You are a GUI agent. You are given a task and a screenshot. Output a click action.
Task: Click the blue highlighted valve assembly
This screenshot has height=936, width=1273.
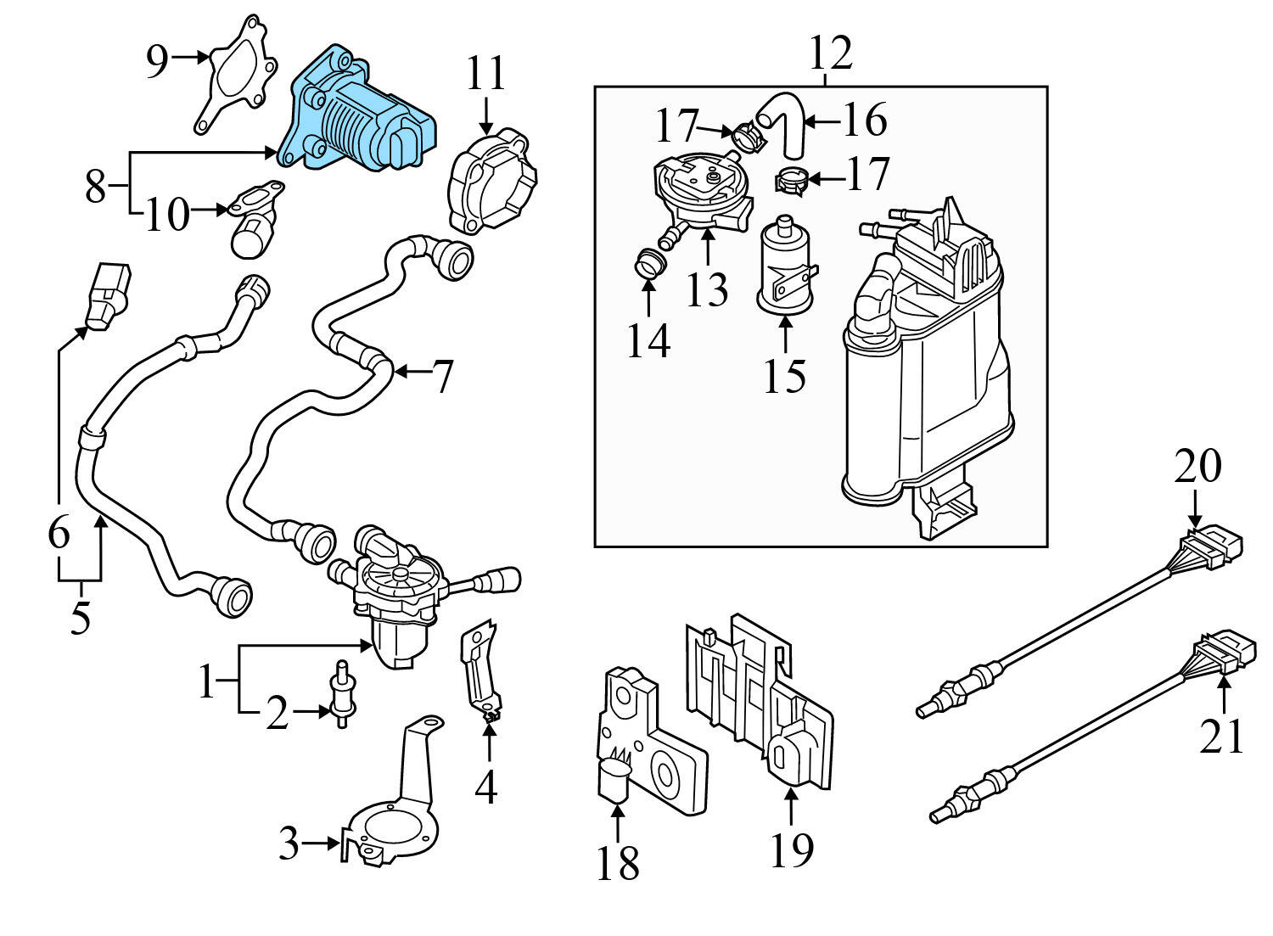[x=361, y=115]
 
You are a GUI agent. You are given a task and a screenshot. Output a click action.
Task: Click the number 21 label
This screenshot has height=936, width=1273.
[x=1222, y=736]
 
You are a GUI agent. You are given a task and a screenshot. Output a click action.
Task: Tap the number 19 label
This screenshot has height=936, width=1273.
[x=791, y=849]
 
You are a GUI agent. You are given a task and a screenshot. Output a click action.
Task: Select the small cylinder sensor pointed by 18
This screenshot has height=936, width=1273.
[x=614, y=781]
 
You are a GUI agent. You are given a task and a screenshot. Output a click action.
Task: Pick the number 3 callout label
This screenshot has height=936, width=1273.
[x=289, y=844]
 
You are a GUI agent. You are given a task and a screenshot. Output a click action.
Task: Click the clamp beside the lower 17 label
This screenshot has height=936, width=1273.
[x=789, y=181]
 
